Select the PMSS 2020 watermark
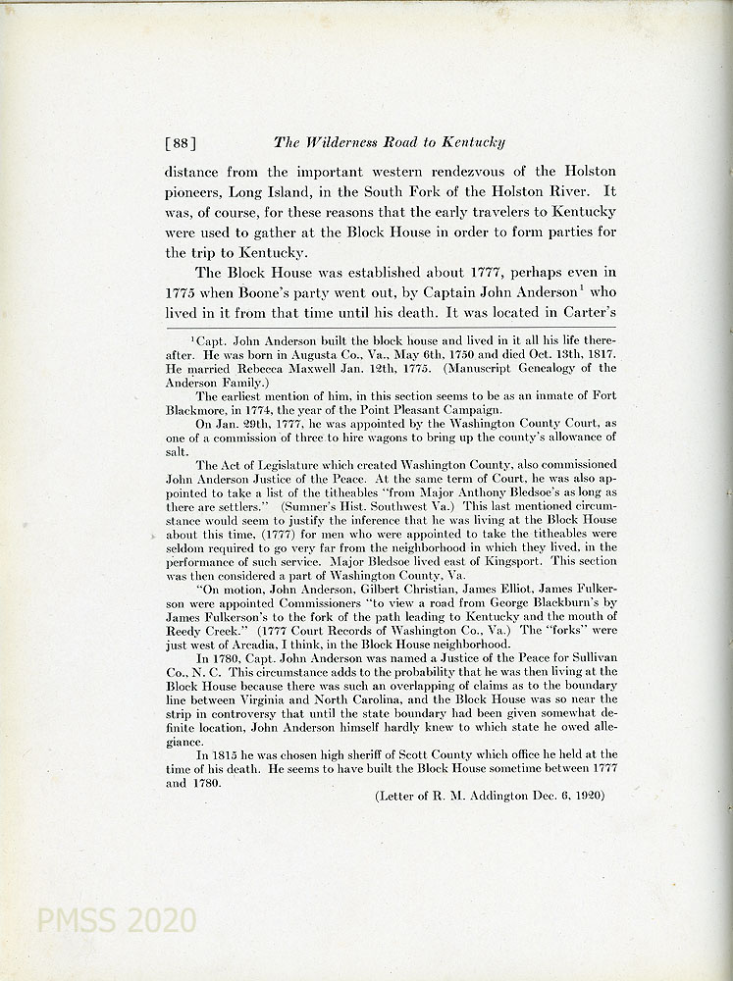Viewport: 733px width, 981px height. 116,920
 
